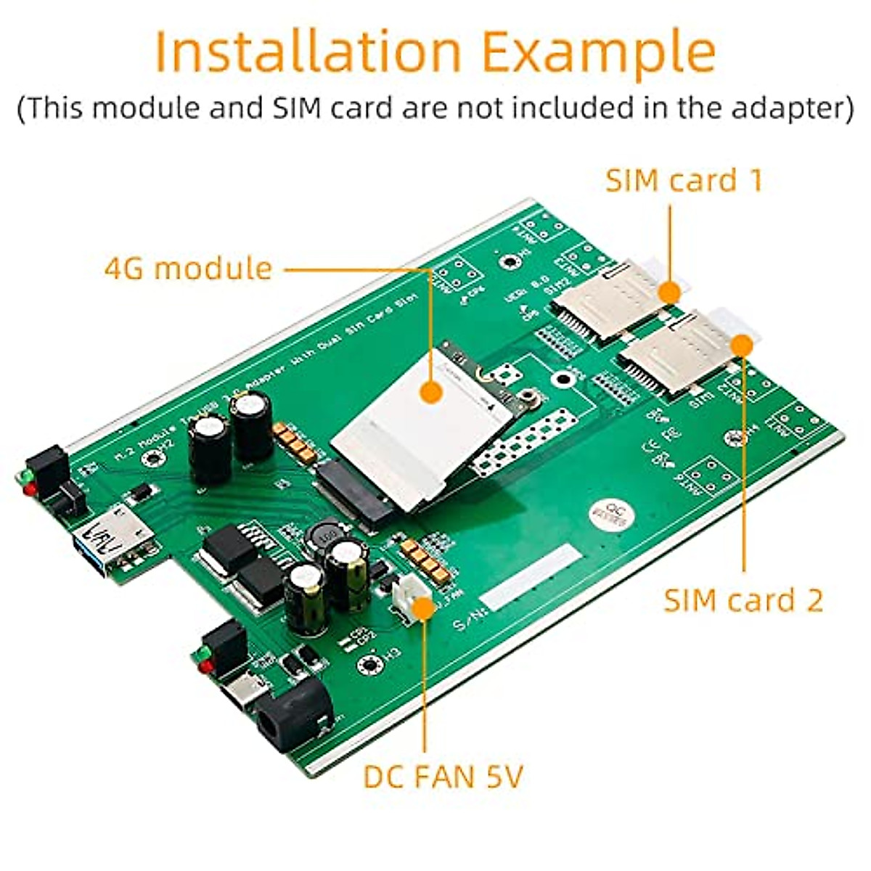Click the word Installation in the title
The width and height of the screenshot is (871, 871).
[x=308, y=51]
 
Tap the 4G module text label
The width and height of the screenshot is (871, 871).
[x=188, y=269]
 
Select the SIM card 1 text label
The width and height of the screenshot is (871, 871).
[x=684, y=180]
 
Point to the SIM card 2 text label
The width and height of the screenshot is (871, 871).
[x=743, y=601]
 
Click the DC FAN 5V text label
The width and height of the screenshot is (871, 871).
[x=443, y=777]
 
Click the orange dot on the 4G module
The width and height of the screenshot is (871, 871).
[x=431, y=393]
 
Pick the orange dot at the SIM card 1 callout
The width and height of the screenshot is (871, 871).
[x=669, y=293]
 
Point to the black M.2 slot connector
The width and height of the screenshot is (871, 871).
[x=348, y=494]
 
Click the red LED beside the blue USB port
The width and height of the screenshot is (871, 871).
[x=30, y=491]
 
